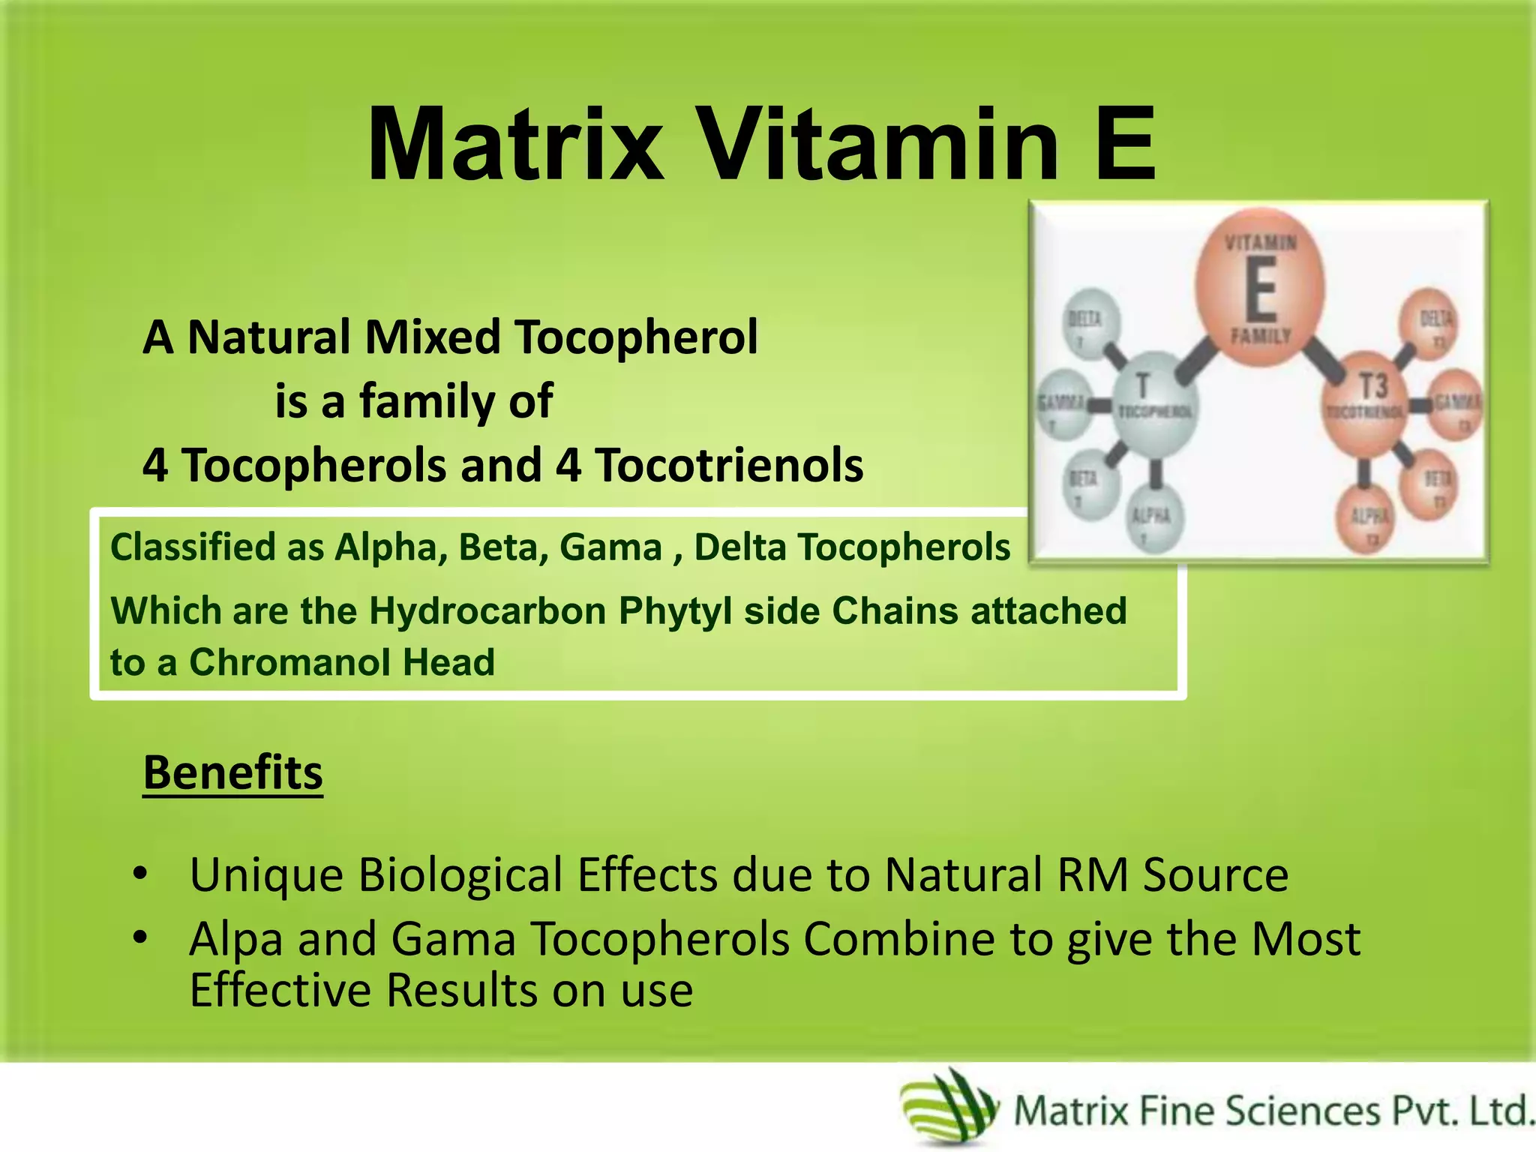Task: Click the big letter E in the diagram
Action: pyautogui.click(x=1261, y=289)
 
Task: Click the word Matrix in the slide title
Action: pyautogui.click(x=515, y=144)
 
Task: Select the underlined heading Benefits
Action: pyautogui.click(x=232, y=772)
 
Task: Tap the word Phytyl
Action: pyautogui.click(x=675, y=610)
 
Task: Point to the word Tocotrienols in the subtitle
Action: pyautogui.click(x=729, y=465)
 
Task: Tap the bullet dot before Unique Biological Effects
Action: pyautogui.click(x=139, y=874)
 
